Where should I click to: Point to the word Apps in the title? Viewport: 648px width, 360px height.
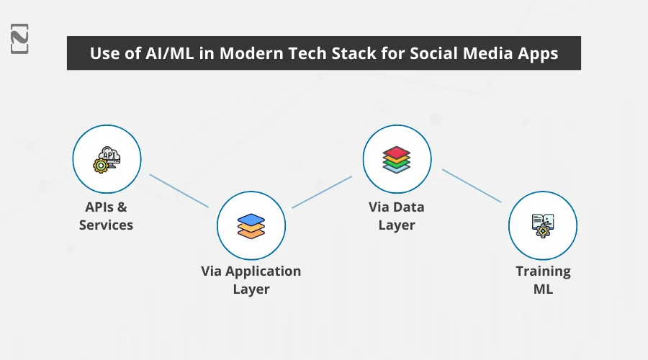click(x=537, y=54)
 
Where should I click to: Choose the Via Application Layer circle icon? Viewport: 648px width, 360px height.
click(x=251, y=225)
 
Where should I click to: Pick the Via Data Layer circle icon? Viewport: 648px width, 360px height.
click(x=397, y=159)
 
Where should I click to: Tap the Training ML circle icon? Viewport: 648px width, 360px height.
click(x=542, y=225)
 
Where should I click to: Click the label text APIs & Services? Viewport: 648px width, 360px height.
click(x=107, y=216)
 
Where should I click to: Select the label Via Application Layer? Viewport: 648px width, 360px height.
click(x=251, y=280)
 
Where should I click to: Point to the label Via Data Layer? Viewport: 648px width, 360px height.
click(x=397, y=216)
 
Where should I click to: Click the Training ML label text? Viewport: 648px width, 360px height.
click(x=543, y=280)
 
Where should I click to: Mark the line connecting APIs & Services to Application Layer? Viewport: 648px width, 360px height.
click(x=179, y=190)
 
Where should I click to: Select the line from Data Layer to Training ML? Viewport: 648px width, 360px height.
click(x=471, y=186)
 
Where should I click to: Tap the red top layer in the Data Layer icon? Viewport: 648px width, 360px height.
click(x=397, y=152)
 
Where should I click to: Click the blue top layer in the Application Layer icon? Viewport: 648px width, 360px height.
click(x=251, y=218)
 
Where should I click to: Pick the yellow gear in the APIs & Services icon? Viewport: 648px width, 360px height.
click(x=101, y=165)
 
